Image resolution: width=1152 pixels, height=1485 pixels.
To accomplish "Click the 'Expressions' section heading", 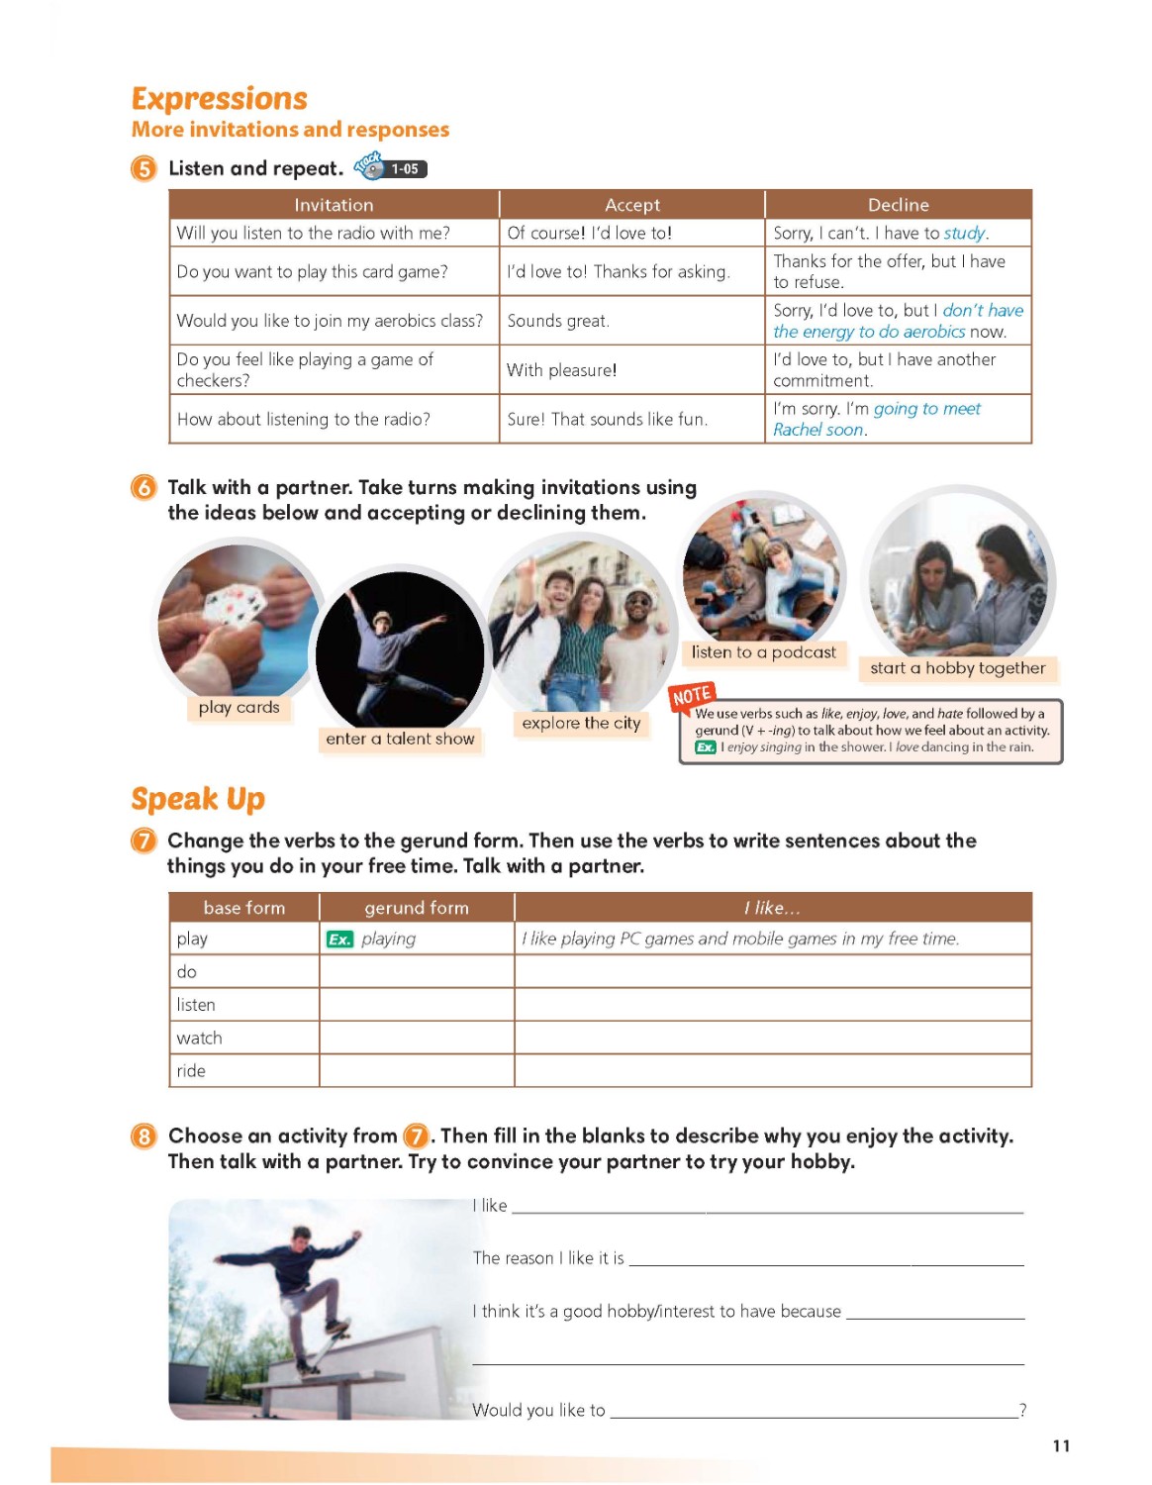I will (x=219, y=99).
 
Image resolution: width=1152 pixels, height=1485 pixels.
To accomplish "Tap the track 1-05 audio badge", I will (x=392, y=167).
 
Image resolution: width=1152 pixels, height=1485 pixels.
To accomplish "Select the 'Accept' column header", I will (x=631, y=205).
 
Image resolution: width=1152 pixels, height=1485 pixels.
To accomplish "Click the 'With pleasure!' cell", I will (x=561, y=370).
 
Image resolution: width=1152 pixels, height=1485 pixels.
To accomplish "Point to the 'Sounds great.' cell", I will (x=558, y=321).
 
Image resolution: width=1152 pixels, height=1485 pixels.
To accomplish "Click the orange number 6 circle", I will (x=144, y=487).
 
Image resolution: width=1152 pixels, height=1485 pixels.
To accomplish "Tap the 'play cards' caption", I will (x=239, y=707).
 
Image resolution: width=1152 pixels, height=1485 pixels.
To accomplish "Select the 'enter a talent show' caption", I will (x=400, y=739).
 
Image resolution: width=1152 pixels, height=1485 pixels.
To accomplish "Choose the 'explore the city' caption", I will (x=581, y=723).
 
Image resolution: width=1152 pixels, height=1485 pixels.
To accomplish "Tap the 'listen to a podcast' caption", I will (x=763, y=652).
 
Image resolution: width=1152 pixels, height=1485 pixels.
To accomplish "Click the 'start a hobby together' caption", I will (x=957, y=668).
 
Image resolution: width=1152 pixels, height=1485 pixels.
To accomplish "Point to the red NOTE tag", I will (x=692, y=697).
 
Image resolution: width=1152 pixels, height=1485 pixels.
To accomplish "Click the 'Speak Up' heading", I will (x=198, y=799).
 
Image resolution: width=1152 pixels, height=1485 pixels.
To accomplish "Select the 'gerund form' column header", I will (x=416, y=908).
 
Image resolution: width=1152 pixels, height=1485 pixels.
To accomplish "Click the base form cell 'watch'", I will (x=199, y=1038).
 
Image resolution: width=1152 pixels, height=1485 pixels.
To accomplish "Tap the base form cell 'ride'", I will (x=191, y=1070).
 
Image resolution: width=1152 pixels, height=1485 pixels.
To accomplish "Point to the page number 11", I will (x=1061, y=1445).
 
